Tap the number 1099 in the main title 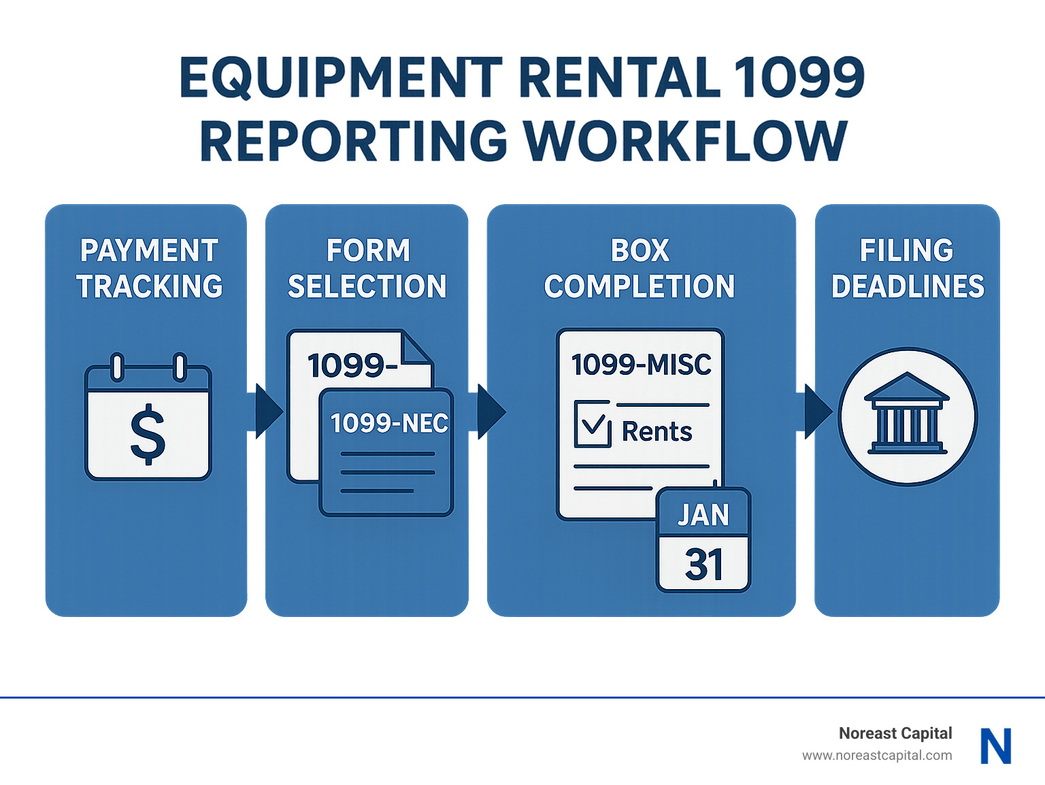[799, 78]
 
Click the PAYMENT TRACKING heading [149, 269]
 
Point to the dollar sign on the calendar [148, 434]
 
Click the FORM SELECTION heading [367, 269]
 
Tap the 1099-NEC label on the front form [388, 424]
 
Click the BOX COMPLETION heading [640, 269]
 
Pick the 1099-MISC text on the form [641, 365]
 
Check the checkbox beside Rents [593, 425]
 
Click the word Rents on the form [657, 432]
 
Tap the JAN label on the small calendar [703, 515]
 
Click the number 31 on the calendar [703, 565]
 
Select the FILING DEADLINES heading [907, 269]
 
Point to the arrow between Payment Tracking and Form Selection [267, 412]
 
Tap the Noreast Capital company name [895, 733]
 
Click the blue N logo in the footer [995, 746]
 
